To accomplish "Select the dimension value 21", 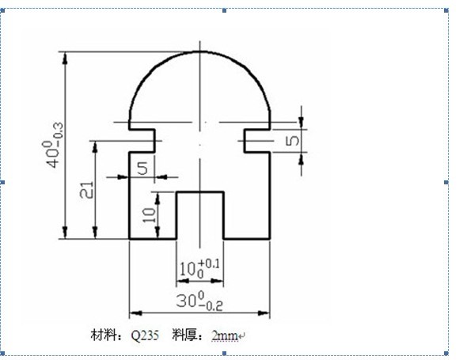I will point(88,190).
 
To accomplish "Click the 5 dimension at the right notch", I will point(292,141).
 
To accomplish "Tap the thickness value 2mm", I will point(225,335).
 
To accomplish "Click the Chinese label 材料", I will point(104,335).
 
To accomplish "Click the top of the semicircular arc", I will point(200,51).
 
